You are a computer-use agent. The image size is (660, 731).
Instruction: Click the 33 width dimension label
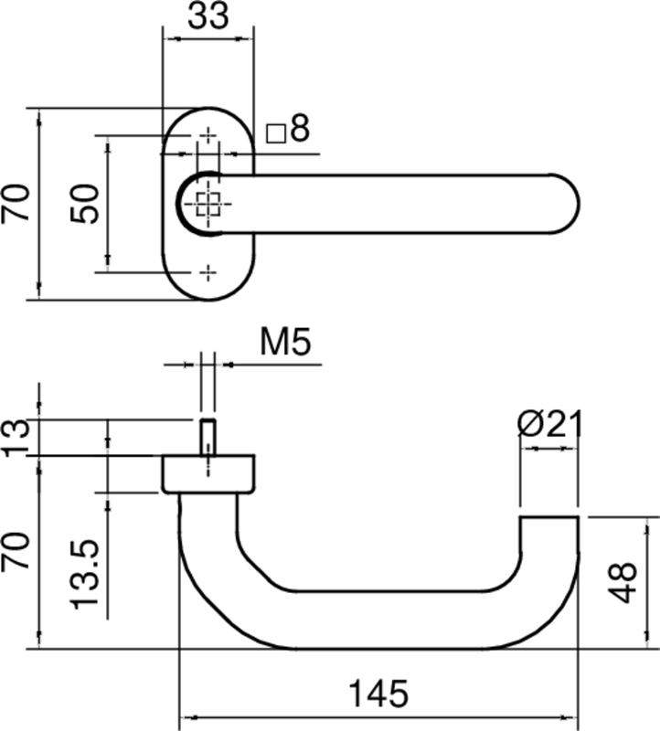(208, 17)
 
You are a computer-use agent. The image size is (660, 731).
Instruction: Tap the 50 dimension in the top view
(85, 203)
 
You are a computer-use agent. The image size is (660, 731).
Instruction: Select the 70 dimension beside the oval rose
(17, 203)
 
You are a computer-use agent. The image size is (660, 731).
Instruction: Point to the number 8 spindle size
(300, 130)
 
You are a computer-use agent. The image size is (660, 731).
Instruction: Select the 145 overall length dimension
(378, 695)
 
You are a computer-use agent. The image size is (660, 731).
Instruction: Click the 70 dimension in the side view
(17, 552)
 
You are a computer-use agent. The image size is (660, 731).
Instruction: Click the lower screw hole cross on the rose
(208, 271)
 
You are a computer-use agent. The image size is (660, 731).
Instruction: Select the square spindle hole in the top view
(208, 204)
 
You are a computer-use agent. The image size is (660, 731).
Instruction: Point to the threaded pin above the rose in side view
(208, 437)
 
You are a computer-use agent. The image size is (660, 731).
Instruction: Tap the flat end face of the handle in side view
(549, 518)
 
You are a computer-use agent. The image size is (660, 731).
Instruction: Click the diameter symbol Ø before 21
(530, 425)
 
